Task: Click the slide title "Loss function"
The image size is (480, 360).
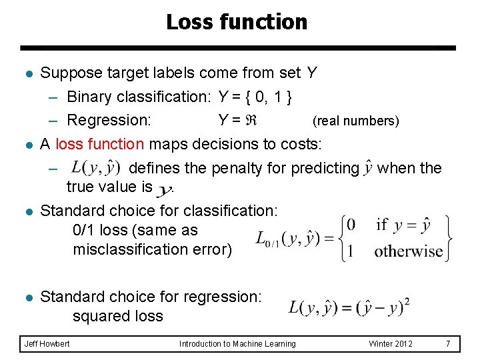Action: pos(237,22)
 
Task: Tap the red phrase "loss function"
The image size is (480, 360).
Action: pos(100,145)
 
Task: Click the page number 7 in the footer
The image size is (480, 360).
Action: pos(448,343)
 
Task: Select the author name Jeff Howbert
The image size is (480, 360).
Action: pos(47,343)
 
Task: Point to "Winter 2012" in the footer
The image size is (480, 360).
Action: pos(391,343)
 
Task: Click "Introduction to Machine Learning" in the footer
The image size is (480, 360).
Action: pos(237,343)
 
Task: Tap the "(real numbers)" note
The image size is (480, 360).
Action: pos(356,121)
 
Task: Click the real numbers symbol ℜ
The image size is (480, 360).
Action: pos(251,121)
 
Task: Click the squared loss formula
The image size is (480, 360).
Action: pos(349,307)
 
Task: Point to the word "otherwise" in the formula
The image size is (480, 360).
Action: pos(408,252)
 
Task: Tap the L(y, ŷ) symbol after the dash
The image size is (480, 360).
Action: pos(95,167)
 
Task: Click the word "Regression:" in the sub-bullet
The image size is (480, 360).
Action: pos(109,121)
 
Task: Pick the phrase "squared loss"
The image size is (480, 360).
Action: pos(118,315)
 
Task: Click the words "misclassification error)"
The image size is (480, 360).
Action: pos(153,249)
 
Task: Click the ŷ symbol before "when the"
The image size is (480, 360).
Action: pos(368,169)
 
